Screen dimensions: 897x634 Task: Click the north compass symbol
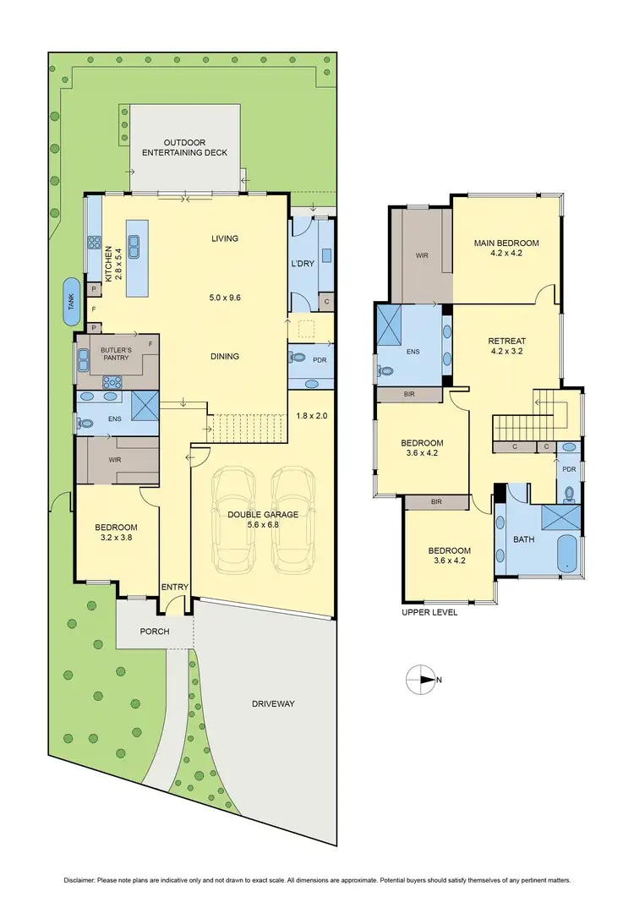(x=419, y=678)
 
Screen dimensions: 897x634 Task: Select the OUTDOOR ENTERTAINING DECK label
(x=185, y=147)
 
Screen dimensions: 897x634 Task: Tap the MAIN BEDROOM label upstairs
(x=506, y=243)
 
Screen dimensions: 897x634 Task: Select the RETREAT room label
(x=506, y=341)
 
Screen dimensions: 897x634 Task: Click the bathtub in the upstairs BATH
(x=566, y=555)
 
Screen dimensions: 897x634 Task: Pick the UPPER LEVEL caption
(x=429, y=612)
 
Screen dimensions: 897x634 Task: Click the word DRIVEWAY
(x=272, y=703)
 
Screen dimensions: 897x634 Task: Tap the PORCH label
(x=155, y=632)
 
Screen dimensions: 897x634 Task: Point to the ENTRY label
(x=175, y=587)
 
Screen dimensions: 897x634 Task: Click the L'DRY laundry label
(x=303, y=264)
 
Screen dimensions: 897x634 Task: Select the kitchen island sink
(x=134, y=246)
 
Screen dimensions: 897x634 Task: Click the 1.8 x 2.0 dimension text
(x=310, y=416)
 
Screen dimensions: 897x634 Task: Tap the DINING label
(x=225, y=356)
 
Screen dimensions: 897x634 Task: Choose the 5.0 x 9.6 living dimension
(x=225, y=298)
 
